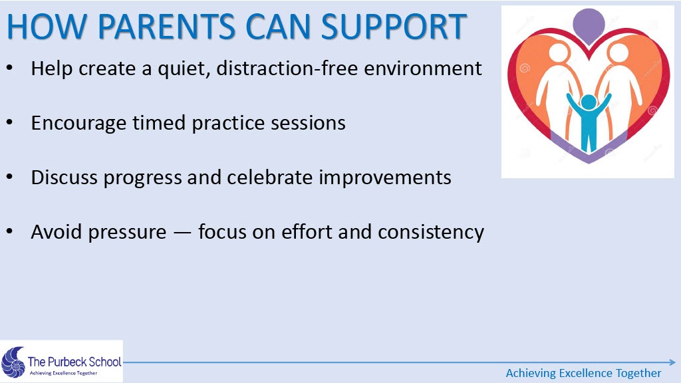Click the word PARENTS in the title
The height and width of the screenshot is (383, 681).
tap(167, 27)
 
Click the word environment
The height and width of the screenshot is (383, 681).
tap(423, 68)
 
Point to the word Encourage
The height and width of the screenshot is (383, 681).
tap(78, 124)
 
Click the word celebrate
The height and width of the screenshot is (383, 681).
tap(270, 178)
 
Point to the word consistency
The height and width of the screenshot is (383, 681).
tap(431, 233)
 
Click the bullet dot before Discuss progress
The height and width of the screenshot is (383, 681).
tap(9, 177)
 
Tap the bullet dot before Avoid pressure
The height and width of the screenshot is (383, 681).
tap(9, 231)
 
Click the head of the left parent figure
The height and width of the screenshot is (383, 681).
tap(558, 52)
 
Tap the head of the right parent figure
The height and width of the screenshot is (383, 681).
tap(618, 52)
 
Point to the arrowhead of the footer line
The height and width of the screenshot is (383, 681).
tap(673, 362)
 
